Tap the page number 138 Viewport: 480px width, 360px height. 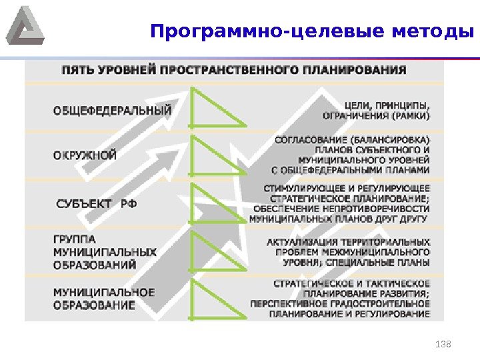(443, 344)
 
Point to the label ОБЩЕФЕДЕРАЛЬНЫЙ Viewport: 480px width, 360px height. (113, 110)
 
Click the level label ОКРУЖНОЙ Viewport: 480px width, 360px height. (85, 155)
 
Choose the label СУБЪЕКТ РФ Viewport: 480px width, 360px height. (97, 203)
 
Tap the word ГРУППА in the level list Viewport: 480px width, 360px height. (74, 239)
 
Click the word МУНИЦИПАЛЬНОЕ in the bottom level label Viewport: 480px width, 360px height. (104, 293)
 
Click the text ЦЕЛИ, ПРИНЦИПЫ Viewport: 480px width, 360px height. (387, 105)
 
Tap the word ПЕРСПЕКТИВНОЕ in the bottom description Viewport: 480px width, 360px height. (286, 303)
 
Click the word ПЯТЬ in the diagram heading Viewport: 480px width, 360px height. (76, 69)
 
